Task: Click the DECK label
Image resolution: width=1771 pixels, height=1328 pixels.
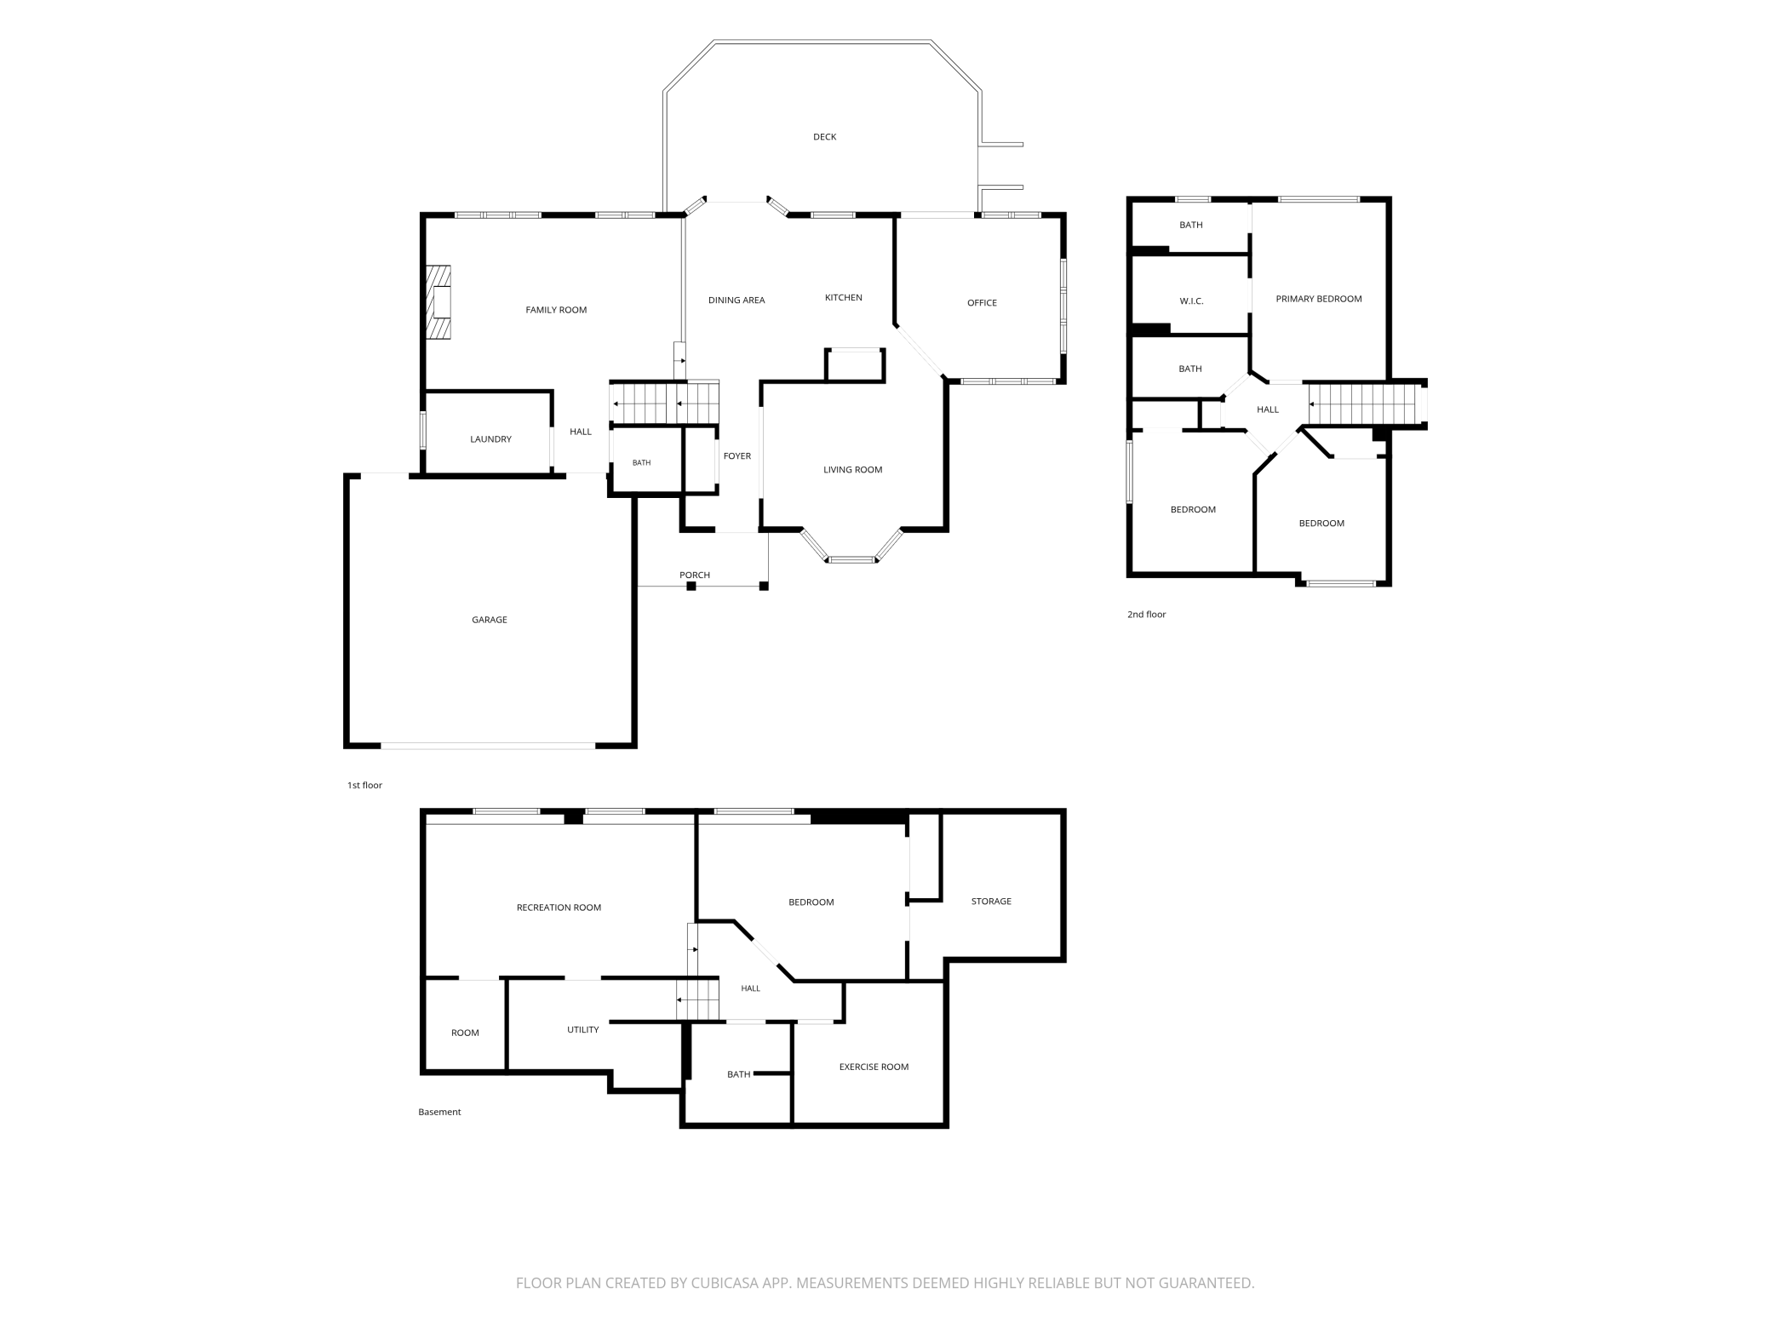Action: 824,137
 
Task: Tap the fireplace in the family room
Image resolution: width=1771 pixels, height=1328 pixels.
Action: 438,303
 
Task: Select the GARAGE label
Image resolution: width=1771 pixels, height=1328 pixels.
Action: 490,620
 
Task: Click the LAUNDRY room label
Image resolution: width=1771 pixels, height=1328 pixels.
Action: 490,439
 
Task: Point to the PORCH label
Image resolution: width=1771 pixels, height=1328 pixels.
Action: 695,575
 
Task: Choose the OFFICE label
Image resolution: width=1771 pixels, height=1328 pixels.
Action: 982,303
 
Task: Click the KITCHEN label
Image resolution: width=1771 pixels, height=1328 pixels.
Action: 844,298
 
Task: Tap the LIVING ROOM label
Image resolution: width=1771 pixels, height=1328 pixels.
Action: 852,470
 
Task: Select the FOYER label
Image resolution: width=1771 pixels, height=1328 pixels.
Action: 737,456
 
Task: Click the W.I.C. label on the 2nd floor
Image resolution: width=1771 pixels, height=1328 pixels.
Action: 1191,301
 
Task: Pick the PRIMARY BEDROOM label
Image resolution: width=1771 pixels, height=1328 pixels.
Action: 1319,299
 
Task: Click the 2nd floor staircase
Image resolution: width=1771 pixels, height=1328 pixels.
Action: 1367,404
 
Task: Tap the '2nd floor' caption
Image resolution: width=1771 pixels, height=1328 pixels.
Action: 1146,615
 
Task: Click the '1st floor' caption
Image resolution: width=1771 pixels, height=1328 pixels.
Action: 364,786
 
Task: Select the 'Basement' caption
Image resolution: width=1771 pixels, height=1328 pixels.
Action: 439,1112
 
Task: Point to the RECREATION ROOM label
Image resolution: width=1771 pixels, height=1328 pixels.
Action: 559,907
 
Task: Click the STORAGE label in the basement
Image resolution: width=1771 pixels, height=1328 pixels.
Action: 991,902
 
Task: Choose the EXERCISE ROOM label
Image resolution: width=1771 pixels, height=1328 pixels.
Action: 874,1068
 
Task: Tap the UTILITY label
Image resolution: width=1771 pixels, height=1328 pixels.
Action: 583,1030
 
